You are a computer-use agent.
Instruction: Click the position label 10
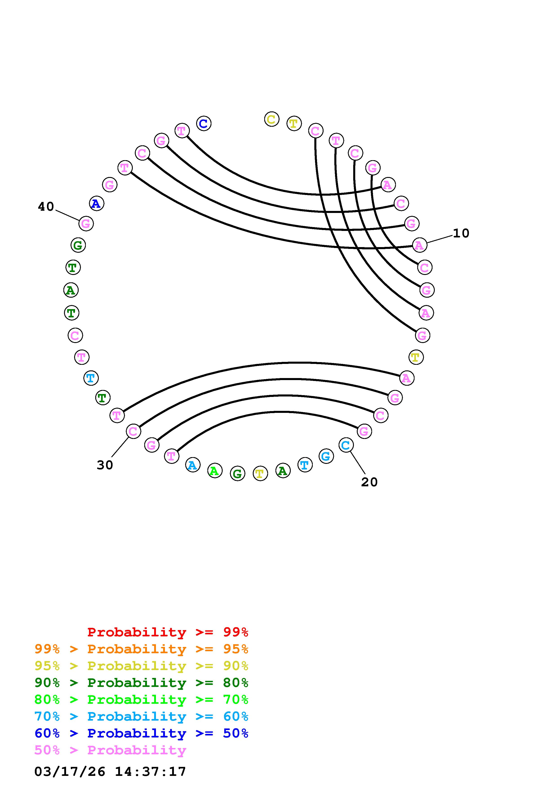(x=461, y=233)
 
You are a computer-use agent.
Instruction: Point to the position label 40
(x=46, y=207)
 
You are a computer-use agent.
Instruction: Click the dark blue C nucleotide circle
(x=204, y=124)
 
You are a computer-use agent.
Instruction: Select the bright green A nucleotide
(x=215, y=471)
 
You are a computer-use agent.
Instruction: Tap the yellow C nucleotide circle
(x=271, y=119)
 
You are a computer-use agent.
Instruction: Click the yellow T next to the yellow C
(x=294, y=124)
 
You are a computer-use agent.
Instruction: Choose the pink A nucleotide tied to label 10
(x=419, y=245)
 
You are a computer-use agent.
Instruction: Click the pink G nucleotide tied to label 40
(x=86, y=224)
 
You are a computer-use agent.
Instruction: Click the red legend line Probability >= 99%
(x=168, y=632)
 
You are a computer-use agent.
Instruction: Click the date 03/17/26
(x=70, y=772)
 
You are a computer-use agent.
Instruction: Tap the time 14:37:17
(x=150, y=772)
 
